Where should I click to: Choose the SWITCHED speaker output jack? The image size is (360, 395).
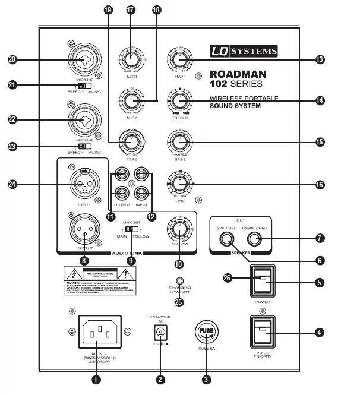(226, 239)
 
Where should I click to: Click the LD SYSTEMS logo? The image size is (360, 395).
(243, 52)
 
